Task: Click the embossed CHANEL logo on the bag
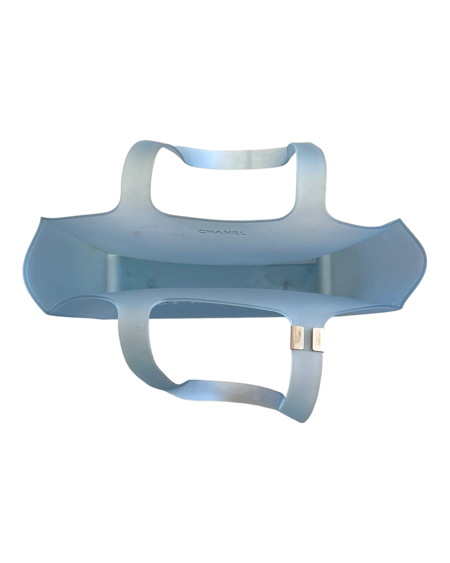coord(222,233)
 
